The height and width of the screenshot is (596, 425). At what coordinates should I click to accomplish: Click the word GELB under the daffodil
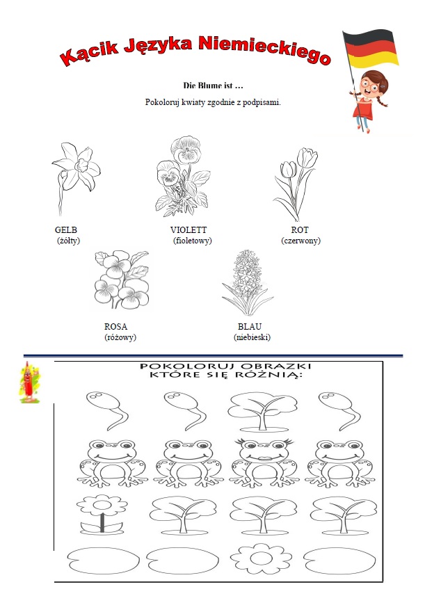coord(66,230)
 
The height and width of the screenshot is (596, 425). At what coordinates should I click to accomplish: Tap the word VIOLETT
coord(189,230)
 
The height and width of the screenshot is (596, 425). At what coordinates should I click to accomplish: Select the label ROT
coord(300,230)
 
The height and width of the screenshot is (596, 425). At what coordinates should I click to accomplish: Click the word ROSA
coord(116,327)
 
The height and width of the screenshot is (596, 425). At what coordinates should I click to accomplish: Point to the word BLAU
coord(250,327)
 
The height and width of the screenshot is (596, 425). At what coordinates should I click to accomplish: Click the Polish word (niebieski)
coord(252,337)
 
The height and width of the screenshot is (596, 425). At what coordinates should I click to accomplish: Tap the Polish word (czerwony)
coord(300,241)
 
